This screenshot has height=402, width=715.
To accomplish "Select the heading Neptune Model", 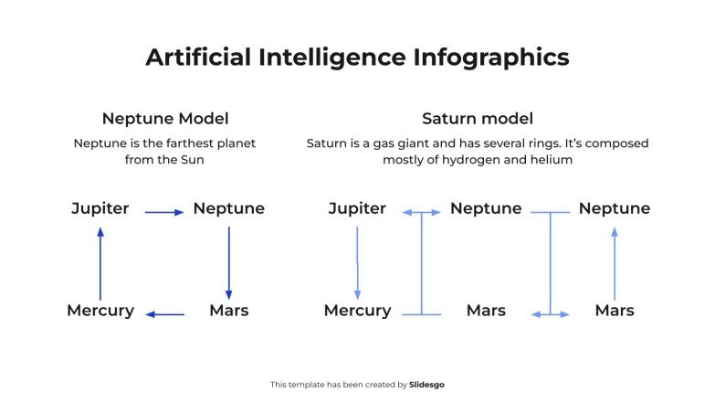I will pos(165,119).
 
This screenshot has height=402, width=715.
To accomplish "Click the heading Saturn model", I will pos(478,119).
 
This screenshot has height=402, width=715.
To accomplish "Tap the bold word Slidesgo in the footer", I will pos(427,385).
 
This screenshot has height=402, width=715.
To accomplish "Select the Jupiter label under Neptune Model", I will pos(100,208).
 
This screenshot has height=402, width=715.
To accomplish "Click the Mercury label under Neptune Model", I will pos(100,311).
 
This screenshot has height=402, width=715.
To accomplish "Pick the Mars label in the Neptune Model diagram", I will pos(228,311).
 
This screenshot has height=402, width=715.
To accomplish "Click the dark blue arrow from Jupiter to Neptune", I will pos(164,212).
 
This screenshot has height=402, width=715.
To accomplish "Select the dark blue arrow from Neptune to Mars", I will pos(228,260).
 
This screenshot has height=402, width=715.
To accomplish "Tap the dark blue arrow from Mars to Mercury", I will pos(164,314).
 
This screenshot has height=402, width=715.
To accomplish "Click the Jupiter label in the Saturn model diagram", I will pos(357,208).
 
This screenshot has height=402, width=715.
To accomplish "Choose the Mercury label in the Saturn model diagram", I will pos(357,311).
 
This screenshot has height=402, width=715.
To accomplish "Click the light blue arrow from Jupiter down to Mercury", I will pos(357,262).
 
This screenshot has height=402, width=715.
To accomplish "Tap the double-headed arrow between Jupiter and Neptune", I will pos(422,213).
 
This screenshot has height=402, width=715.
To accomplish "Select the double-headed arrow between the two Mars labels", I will pos(550,314).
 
